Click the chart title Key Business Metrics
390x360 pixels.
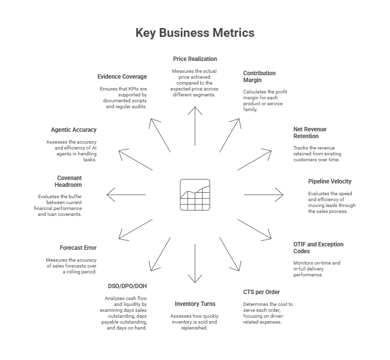(195, 33)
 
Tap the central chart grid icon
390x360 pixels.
(195, 195)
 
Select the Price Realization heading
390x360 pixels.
(195, 59)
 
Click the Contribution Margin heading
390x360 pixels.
(260, 76)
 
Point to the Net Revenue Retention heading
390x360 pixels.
(310, 133)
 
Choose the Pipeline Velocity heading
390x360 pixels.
(330, 181)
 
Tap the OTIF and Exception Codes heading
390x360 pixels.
(318, 247)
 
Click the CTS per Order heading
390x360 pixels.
(261, 292)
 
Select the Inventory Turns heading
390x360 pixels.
(195, 303)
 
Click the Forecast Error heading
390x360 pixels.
(78, 248)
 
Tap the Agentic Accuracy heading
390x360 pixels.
(74, 130)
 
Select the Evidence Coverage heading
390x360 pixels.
(122, 77)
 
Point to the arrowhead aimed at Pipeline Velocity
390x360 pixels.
(282, 195)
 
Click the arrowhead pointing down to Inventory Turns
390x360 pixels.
(195, 280)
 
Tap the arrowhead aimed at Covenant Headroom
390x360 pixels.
(109, 195)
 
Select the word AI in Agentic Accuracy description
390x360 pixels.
(93, 148)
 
